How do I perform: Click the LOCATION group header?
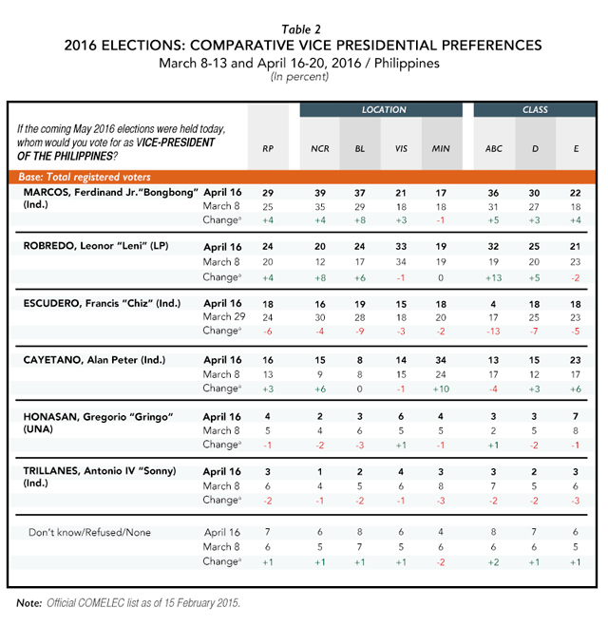[x=384, y=110]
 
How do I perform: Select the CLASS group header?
[x=535, y=110]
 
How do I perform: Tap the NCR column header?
[x=320, y=149]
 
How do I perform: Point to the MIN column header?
[x=441, y=149]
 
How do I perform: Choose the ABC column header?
[x=493, y=149]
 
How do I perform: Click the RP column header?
[x=268, y=149]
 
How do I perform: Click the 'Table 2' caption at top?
[x=301, y=29]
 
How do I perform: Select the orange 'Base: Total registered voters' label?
[x=85, y=177]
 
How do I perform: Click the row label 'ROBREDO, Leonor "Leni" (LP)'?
[x=96, y=246]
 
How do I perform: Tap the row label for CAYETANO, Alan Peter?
[x=94, y=360]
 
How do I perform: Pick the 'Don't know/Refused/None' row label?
[x=90, y=533]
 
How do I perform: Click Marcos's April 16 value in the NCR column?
[x=320, y=193]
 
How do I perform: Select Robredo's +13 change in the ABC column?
[x=493, y=278]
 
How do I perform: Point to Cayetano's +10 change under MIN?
[x=441, y=389]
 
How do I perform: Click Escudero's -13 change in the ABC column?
[x=493, y=332]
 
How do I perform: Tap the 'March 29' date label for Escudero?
[x=224, y=317]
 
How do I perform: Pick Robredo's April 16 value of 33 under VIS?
[x=401, y=247]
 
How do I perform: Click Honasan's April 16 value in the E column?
[x=576, y=417]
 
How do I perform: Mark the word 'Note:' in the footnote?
[x=29, y=603]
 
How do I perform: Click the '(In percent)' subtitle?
[x=300, y=77]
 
